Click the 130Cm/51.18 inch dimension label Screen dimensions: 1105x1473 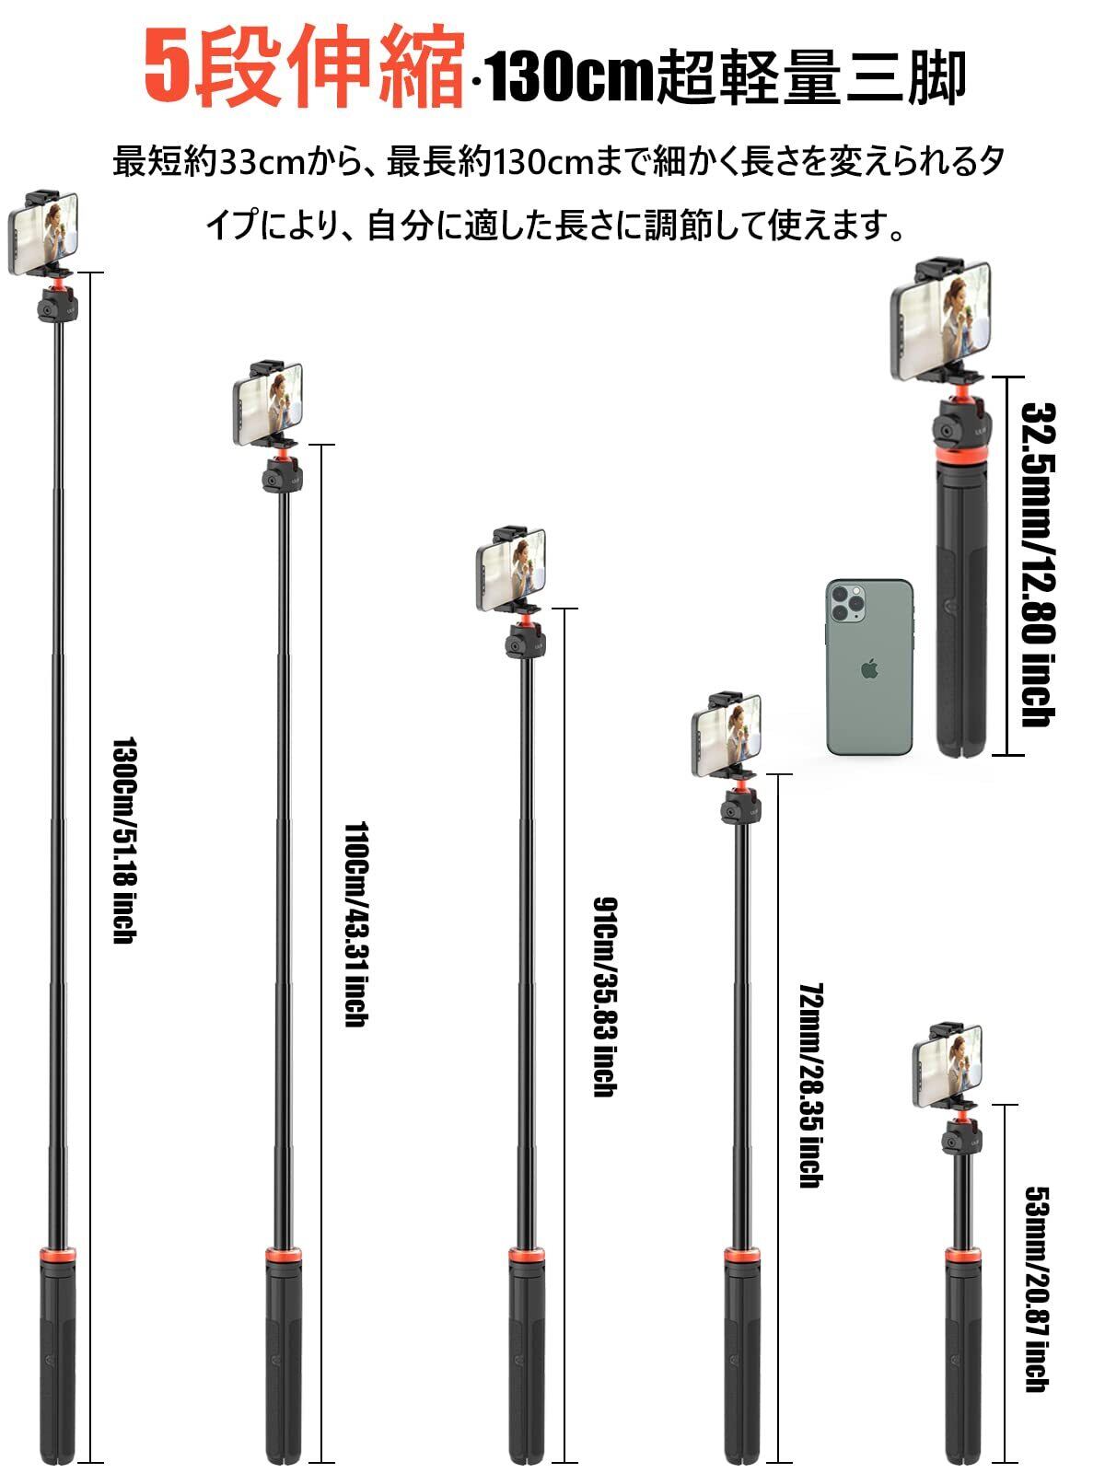point(123,840)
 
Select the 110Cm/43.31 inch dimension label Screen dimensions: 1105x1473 point(355,924)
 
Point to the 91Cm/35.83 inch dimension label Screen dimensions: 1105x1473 point(604,996)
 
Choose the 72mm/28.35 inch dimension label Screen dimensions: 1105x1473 point(810,1084)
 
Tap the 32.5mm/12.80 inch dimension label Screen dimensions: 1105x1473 point(1038,564)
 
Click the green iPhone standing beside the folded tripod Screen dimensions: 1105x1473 point(869,667)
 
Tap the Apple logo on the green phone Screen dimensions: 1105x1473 point(868,669)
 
